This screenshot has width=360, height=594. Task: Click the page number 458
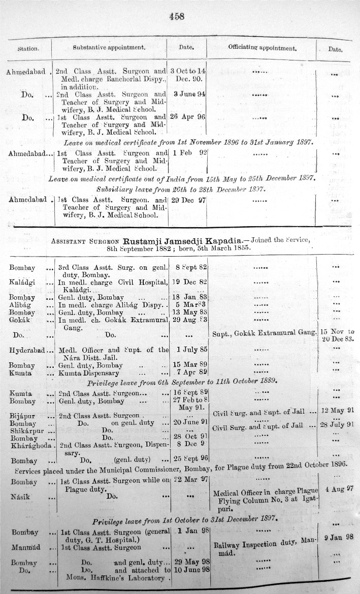tap(176, 16)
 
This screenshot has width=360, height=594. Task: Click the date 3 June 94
tap(189, 94)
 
